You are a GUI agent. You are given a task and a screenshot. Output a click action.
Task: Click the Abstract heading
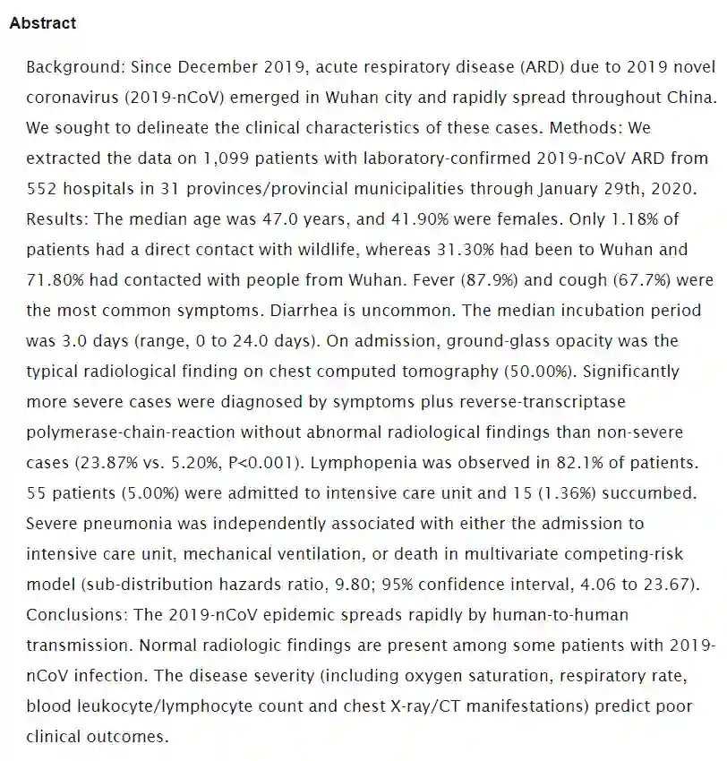click(42, 23)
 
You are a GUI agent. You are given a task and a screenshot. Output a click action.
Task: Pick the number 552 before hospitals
click(42, 189)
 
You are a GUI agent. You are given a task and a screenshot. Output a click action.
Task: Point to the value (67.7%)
click(656, 280)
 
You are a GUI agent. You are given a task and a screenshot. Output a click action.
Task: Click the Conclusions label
click(73, 614)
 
